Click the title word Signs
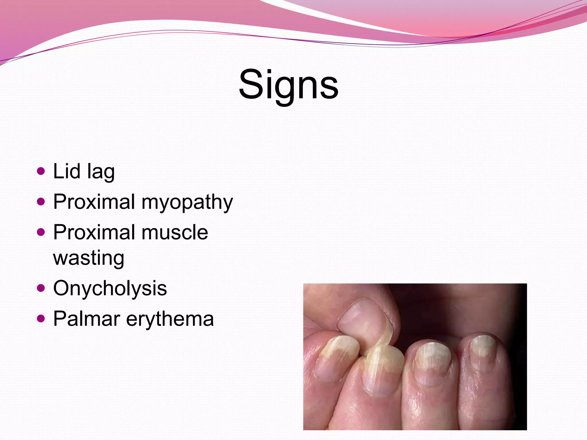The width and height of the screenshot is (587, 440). click(x=288, y=85)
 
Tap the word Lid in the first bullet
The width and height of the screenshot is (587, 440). click(x=66, y=171)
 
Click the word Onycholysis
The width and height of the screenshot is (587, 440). click(x=110, y=289)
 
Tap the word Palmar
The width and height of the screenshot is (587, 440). click(x=87, y=319)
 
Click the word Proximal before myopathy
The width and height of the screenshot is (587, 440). click(x=94, y=202)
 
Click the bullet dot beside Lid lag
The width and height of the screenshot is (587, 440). click(x=41, y=171)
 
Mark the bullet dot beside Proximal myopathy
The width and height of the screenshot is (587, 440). click(x=41, y=202)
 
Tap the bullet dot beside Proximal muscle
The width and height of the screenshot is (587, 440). click(x=41, y=232)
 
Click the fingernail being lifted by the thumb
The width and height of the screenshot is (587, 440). click(x=381, y=370)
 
